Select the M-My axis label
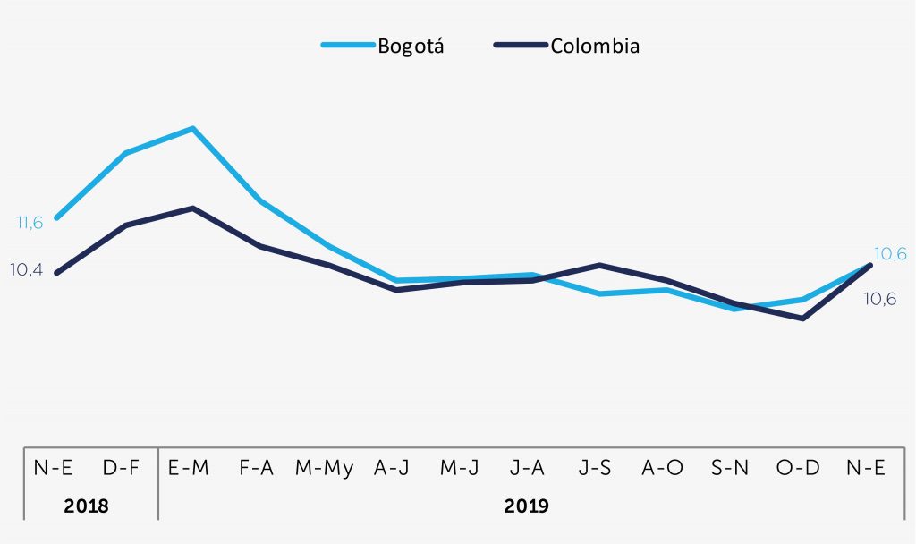pyautogui.click(x=324, y=468)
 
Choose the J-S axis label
pyautogui.click(x=595, y=468)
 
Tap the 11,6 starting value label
pyautogui.click(x=30, y=223)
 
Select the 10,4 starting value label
pyautogui.click(x=26, y=269)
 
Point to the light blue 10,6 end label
pyautogui.click(x=889, y=254)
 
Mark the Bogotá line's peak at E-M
pyautogui.click(x=192, y=128)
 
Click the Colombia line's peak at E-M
pyautogui.click(x=192, y=208)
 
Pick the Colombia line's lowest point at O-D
pyautogui.click(x=802, y=318)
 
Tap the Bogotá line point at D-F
pyautogui.click(x=125, y=153)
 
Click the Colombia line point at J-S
pyautogui.click(x=598, y=265)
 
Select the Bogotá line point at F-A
pyautogui.click(x=259, y=200)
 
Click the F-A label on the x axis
pyautogui.click(x=258, y=468)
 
